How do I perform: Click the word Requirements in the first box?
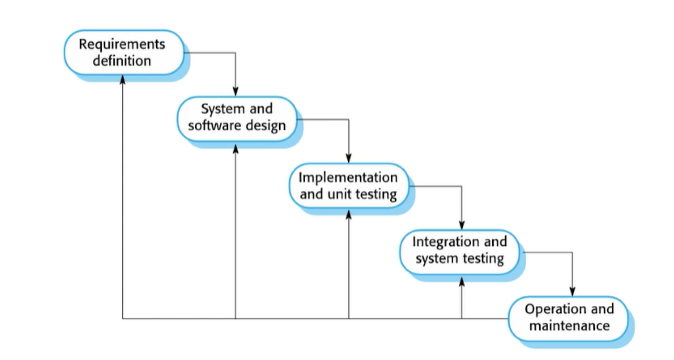(122, 45)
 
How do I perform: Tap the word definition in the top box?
(122, 61)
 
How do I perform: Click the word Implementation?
(348, 178)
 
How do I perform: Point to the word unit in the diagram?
(338, 194)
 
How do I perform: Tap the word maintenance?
(570, 325)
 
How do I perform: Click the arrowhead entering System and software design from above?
(235, 91)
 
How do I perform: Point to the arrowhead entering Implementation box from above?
(349, 158)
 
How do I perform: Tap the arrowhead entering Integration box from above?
(462, 225)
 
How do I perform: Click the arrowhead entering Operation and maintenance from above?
(572, 291)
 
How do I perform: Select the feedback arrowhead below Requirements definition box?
(123, 80)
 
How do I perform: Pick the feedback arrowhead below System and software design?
(235, 149)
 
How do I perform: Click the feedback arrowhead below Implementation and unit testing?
(349, 215)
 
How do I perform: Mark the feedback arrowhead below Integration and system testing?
(462, 282)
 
